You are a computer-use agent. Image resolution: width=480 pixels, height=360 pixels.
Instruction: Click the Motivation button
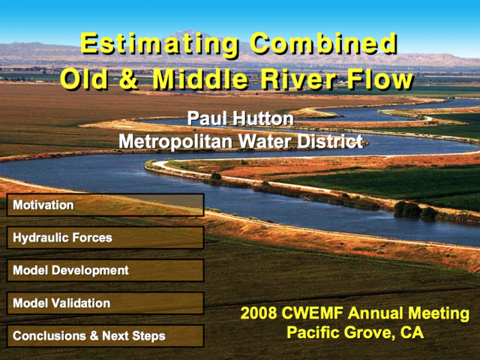click(x=105, y=205)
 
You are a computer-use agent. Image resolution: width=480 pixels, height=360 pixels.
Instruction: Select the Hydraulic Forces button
click(x=105, y=238)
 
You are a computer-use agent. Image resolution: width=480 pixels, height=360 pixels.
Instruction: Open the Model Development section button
click(x=105, y=270)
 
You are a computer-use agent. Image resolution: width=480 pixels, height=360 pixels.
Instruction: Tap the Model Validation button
click(x=105, y=303)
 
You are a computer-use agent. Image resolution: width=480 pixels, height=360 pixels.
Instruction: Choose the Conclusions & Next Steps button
click(x=105, y=336)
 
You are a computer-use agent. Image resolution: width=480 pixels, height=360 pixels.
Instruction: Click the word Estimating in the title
click(x=160, y=45)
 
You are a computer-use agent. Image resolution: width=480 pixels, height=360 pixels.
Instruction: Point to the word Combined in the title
click(x=324, y=43)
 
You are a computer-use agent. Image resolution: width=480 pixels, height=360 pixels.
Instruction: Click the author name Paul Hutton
click(x=240, y=118)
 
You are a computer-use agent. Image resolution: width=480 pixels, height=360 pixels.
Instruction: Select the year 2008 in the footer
click(x=258, y=313)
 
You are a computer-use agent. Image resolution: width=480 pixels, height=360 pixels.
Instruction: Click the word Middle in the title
click(x=200, y=79)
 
